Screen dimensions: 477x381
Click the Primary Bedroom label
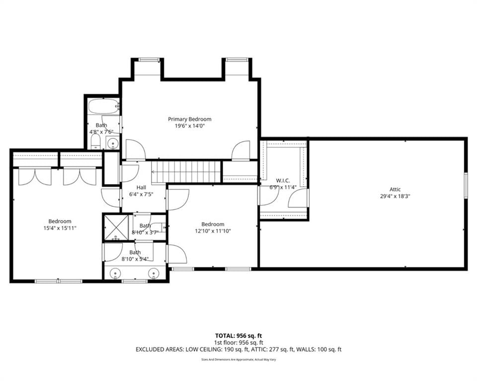coord(189,119)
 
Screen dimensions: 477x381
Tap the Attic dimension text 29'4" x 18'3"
coord(395,196)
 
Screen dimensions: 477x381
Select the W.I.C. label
coord(283,181)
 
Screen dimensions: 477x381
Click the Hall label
coord(141,188)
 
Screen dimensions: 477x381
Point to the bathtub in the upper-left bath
coord(103,106)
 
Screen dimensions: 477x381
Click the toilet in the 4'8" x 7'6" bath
coord(96,142)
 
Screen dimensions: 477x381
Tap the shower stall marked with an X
coord(116,227)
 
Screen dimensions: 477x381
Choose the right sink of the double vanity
coord(154,273)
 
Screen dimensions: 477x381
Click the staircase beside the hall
coord(186,172)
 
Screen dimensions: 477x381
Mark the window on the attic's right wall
coord(466,185)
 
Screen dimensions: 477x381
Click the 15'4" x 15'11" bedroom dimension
coord(60,228)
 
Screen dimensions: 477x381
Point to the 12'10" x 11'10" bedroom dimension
coord(213,231)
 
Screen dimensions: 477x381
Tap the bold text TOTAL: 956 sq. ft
coord(238,336)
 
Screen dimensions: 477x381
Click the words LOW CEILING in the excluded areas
coord(204,349)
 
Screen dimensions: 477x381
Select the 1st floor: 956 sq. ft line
coord(238,343)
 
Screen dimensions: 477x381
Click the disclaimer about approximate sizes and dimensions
coord(238,360)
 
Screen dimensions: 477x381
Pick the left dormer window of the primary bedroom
coord(150,60)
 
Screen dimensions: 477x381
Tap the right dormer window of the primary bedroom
coord(237,60)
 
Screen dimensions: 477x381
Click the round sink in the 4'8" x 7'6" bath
coord(113,142)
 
